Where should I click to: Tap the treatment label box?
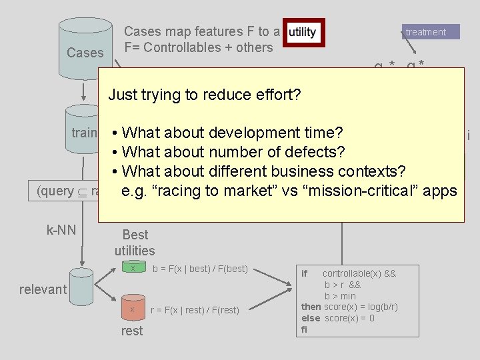(431, 32)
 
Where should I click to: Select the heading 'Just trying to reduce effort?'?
(205, 95)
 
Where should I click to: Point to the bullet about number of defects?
(230, 151)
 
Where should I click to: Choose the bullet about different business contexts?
(265, 171)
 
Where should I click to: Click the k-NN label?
(61, 231)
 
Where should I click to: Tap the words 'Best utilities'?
(135, 243)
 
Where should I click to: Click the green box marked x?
(133, 269)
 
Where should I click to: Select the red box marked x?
(133, 310)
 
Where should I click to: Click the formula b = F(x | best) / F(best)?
(200, 269)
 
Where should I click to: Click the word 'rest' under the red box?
(132, 331)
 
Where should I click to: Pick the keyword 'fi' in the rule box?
(305, 329)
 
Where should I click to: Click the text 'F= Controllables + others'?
(199, 48)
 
